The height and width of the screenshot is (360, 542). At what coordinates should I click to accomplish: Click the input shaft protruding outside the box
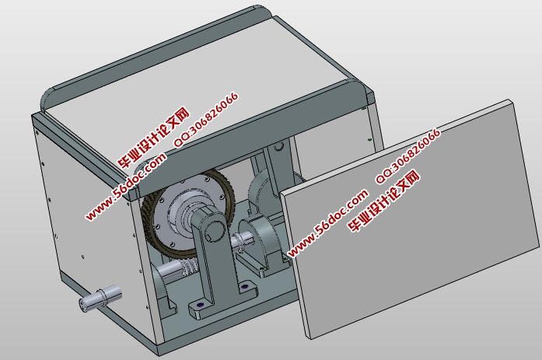[x=100, y=299]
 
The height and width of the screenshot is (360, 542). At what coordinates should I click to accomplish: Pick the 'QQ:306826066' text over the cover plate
[x=407, y=155]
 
